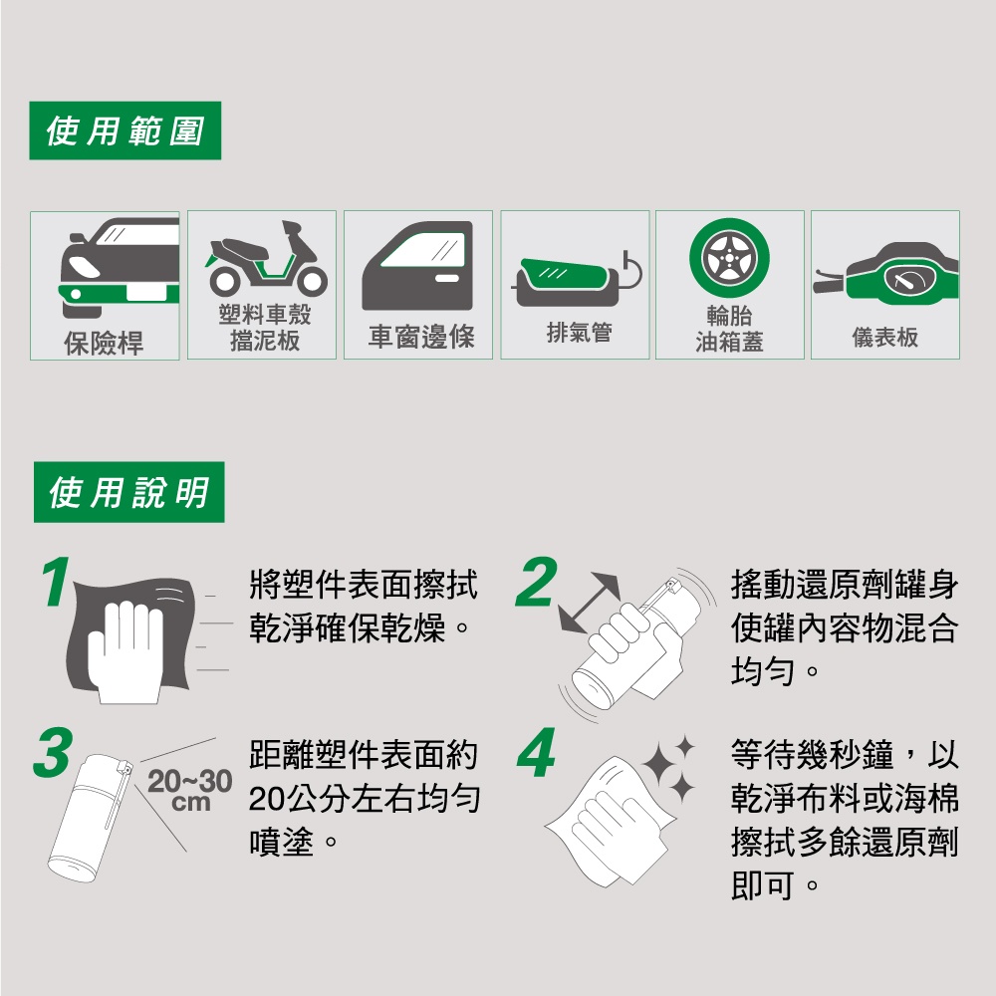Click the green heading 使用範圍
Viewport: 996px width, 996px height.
[125, 130]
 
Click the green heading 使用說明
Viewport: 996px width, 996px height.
[128, 492]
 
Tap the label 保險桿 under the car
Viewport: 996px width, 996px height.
[104, 343]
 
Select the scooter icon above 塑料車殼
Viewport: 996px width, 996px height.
[266, 259]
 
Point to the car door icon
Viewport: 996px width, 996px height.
[417, 266]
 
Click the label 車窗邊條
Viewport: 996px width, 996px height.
[421, 337]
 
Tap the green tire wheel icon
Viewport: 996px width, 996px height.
[729, 259]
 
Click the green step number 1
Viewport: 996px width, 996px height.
[55, 582]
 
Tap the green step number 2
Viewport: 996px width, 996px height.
[536, 582]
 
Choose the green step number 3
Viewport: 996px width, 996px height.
[53, 753]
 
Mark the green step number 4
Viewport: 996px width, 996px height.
[537, 753]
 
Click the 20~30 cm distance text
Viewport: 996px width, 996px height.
[190, 790]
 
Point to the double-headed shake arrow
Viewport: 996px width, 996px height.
[589, 603]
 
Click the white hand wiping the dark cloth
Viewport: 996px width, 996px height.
[125, 651]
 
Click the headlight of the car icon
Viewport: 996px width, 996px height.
[84, 267]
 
